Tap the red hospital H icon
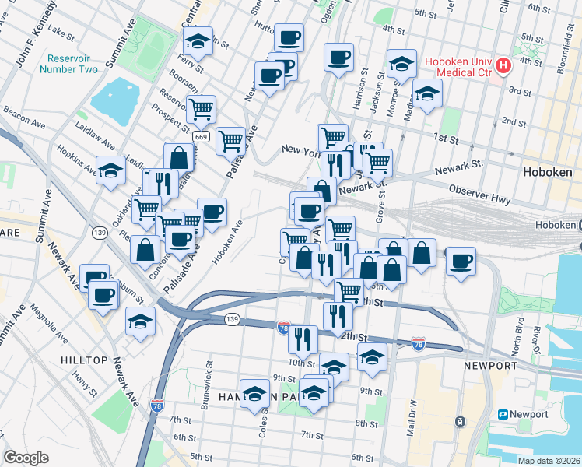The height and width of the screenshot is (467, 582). (504, 65)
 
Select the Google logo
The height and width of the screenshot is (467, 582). (26, 458)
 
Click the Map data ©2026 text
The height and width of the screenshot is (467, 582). (549, 460)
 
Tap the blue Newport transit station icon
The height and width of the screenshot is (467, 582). (503, 414)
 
